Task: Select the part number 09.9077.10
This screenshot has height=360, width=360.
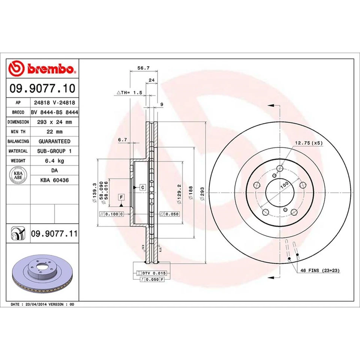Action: point(42,88)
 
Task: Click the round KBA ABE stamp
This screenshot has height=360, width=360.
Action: point(18,175)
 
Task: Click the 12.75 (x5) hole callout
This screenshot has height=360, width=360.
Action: point(309,143)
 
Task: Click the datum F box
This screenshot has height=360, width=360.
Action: point(121,197)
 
